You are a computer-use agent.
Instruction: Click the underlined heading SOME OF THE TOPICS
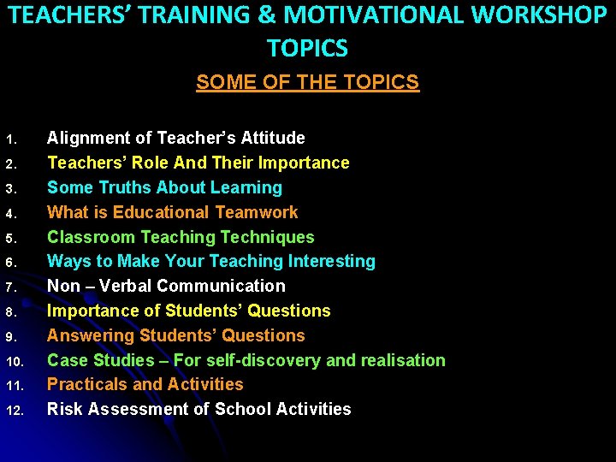point(307,82)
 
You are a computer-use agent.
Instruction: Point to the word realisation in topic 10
point(401,360)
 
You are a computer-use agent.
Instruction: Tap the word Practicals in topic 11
point(86,385)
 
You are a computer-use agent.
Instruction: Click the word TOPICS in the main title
point(307,48)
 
